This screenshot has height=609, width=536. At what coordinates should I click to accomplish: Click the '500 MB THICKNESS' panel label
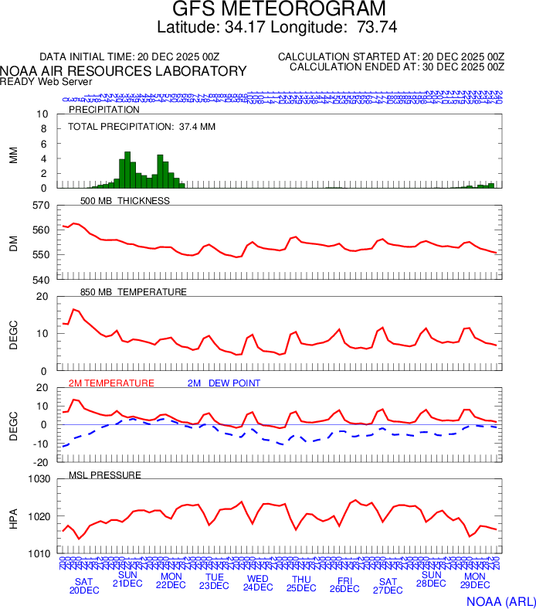pos(124,201)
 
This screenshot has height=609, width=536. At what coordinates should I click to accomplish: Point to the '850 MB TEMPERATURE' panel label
pos(133,292)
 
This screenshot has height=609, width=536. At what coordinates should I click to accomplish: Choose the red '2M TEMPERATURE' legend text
pos(111,383)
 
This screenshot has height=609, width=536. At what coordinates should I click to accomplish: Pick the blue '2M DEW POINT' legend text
pos(223,383)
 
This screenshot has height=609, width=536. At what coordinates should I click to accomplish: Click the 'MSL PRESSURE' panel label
pos(105,475)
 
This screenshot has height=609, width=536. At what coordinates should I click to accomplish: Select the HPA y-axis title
pos(13,516)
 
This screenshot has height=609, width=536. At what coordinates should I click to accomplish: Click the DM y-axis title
pos(13,242)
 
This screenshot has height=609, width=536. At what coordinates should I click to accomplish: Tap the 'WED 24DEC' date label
pos(258,583)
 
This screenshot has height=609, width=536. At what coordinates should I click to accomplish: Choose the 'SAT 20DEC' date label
pos(84,586)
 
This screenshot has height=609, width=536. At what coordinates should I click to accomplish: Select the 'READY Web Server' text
pos(46,82)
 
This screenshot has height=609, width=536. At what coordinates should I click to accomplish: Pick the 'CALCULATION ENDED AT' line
pos(396,67)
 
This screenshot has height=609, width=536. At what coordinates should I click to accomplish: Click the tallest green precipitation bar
pos(127,170)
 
